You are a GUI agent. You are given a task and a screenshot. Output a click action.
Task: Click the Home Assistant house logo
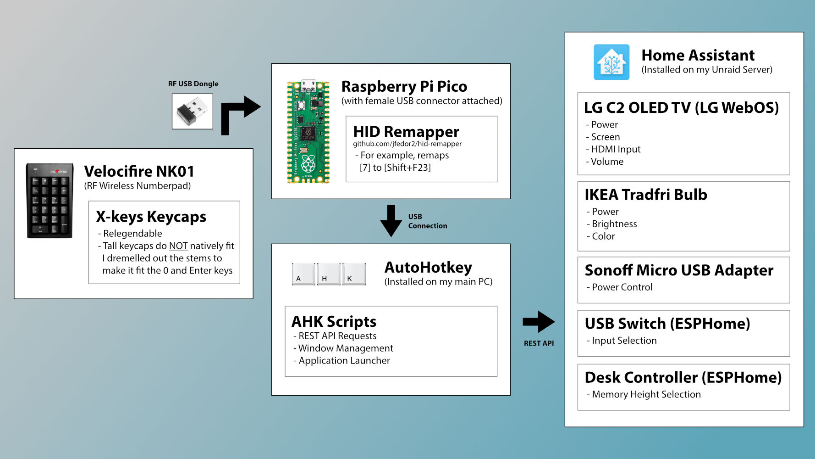[x=611, y=62]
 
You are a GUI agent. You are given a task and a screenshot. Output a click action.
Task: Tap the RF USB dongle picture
[x=193, y=111]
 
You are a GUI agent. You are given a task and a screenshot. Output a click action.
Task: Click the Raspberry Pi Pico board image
[x=308, y=132]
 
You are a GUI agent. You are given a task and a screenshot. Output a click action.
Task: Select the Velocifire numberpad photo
[x=50, y=201]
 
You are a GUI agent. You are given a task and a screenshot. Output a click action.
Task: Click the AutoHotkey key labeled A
[x=303, y=274]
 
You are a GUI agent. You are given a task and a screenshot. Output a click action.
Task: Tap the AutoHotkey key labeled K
[x=354, y=274]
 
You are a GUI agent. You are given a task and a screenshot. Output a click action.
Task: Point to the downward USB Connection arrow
[x=391, y=221]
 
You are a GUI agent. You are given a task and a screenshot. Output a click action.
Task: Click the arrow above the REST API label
[x=539, y=322]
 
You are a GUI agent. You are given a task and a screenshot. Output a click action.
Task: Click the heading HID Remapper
[x=406, y=132]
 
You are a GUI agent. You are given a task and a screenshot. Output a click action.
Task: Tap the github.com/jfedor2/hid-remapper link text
[x=407, y=144]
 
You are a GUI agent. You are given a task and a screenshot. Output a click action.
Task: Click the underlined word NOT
[x=178, y=246]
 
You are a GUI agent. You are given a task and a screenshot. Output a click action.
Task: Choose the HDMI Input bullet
[x=616, y=149]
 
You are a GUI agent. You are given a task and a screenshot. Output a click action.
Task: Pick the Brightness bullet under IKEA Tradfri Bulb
[x=614, y=224]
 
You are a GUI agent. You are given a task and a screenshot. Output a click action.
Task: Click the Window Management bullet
[x=346, y=348]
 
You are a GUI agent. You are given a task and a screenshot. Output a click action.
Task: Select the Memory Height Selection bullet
[x=646, y=394]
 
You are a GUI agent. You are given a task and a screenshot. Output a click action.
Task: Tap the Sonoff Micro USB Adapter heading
[x=679, y=270]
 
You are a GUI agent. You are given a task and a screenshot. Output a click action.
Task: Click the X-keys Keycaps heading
[x=151, y=217]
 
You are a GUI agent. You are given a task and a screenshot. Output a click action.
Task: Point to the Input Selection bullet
[x=624, y=341]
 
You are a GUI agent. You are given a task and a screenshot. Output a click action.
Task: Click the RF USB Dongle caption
[x=193, y=84]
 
